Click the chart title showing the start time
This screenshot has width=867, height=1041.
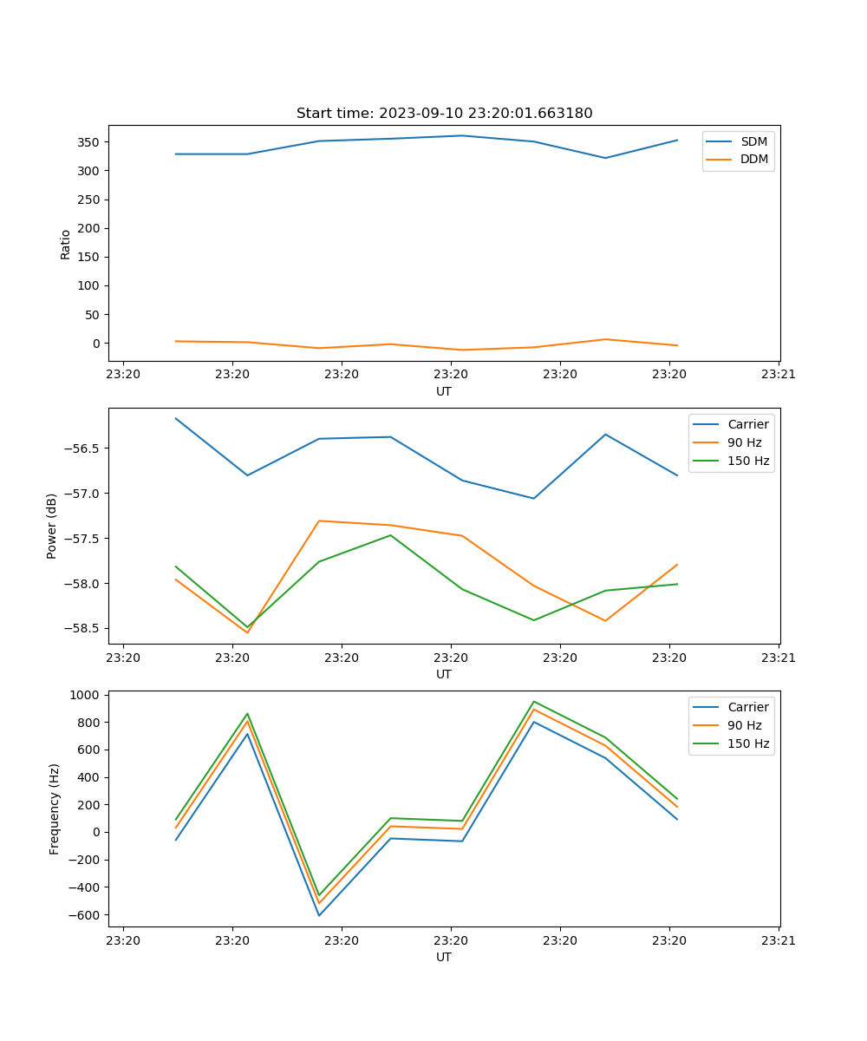point(444,114)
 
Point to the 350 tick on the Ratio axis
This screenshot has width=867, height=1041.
point(88,141)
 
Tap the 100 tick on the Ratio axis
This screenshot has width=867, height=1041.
point(88,285)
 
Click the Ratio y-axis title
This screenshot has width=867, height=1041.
point(66,244)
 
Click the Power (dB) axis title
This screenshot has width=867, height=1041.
point(52,526)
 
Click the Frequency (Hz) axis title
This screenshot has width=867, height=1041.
point(54,809)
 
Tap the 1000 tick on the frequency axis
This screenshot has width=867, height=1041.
point(88,695)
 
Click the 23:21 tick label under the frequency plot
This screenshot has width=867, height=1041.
point(779,940)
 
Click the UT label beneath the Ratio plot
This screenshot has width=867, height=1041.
point(444,391)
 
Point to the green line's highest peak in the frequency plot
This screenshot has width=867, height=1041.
point(534,702)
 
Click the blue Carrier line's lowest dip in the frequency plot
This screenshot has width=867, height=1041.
point(319,915)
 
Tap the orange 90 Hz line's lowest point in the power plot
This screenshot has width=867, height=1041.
point(247,632)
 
